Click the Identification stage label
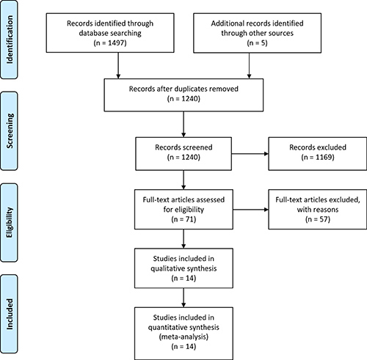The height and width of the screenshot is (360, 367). coord(10,40)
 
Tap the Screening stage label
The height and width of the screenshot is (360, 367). coord(10,131)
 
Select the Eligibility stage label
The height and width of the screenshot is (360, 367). coord(10,222)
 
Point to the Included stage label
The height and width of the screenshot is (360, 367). coord(10,314)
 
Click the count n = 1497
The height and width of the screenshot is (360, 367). coord(110,43)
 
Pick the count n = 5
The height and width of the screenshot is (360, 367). coord(257,43)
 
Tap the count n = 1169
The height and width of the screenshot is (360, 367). coord(318,157)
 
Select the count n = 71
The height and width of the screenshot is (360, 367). coord(183,219)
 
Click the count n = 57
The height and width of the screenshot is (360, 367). coord(318,219)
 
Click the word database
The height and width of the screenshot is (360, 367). coord(94,33)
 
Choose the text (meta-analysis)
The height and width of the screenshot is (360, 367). coord(183,337)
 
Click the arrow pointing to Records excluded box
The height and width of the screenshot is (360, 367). coord(250,154)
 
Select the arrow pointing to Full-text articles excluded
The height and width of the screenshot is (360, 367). coord(250,210)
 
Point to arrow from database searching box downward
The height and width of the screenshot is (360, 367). coord(118,65)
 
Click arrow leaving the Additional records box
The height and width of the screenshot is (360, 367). coord(249,66)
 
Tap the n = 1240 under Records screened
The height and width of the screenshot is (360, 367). coord(183,157)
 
